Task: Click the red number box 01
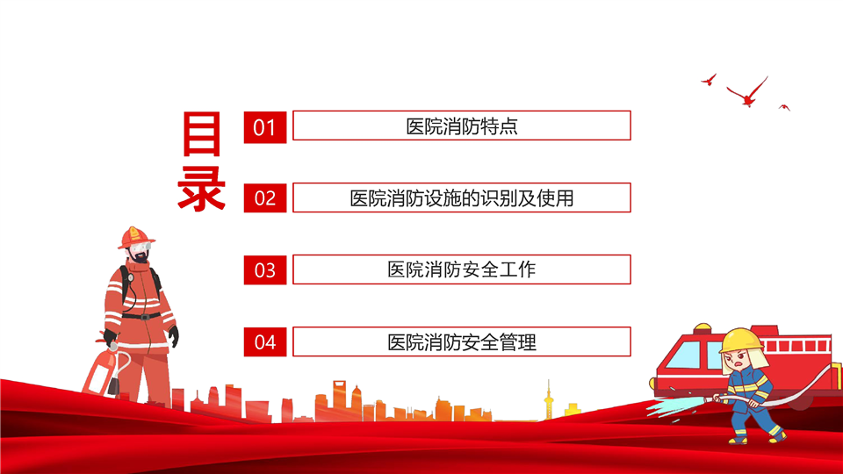coord(264,127)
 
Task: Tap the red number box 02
coord(264,198)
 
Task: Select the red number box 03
coord(264,269)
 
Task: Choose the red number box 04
coord(264,341)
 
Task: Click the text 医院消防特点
coord(462,126)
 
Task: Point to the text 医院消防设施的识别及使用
coord(462,198)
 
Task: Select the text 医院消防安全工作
coord(462,269)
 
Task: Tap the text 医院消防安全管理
coord(462,342)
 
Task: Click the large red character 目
coord(202,133)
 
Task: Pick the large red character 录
coord(202,188)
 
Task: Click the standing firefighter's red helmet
coord(135,237)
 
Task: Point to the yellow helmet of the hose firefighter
coord(741,341)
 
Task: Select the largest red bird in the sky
coord(748,92)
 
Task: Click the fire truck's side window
coord(684,355)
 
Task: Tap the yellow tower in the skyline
coord(548,399)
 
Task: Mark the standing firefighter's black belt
coord(140,316)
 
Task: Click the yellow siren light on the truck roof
coord(702,327)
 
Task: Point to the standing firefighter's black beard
coord(140,257)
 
